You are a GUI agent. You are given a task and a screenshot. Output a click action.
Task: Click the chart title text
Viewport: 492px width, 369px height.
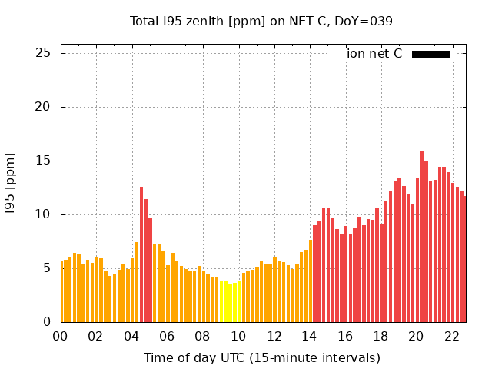pos(261,22)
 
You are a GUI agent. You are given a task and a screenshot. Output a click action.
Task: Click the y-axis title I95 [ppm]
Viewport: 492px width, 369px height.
pos(11,183)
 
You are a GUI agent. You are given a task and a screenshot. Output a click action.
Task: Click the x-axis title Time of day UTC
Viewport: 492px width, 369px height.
pos(261,357)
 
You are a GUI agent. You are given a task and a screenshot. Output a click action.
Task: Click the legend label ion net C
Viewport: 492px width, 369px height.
pos(374,54)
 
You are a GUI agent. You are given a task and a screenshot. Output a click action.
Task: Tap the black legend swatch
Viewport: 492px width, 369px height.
pos(430,54)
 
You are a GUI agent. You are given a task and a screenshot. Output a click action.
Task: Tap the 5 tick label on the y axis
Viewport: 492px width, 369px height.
pos(47,268)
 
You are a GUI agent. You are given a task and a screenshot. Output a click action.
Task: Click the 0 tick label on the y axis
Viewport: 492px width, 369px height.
pos(47,322)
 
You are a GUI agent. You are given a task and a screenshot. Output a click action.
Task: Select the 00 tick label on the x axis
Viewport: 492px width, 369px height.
pos(61,337)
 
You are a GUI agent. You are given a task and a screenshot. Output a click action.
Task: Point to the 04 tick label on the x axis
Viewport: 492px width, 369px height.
pos(131,337)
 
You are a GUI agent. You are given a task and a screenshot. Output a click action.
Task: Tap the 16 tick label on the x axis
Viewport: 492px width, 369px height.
pos(345,337)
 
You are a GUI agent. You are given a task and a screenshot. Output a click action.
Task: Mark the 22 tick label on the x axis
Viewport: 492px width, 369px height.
pos(451,337)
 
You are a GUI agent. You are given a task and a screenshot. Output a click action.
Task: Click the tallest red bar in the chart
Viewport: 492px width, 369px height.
pos(422,237)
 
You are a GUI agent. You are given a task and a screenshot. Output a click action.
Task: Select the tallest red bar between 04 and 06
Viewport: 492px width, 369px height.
pos(141,254)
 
